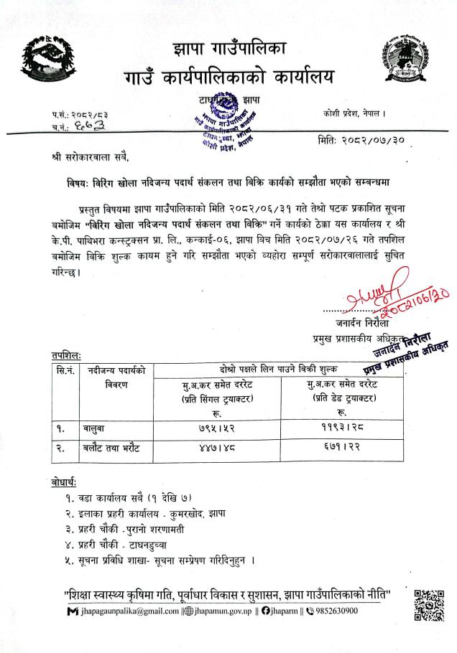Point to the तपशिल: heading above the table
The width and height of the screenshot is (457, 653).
tap(66, 354)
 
